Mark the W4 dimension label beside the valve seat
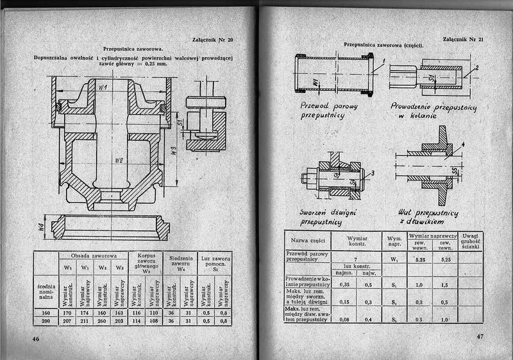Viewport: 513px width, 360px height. pyautogui.click(x=40, y=226)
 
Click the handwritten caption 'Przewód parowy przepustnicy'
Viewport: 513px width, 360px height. pyautogui.click(x=323, y=110)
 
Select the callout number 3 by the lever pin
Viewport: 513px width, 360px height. pyautogui.click(x=373, y=173)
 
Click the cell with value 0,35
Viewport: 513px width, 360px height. pyautogui.click(x=342, y=283)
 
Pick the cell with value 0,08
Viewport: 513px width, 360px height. pyautogui.click(x=342, y=318)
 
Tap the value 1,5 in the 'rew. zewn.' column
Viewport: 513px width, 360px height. pyautogui.click(x=445, y=284)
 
